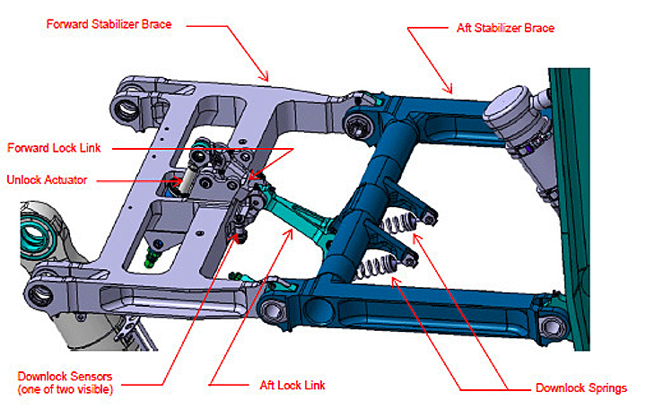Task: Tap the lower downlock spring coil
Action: (x=376, y=265)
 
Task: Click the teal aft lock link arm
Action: (x=301, y=215)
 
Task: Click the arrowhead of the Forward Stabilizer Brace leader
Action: (x=268, y=79)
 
